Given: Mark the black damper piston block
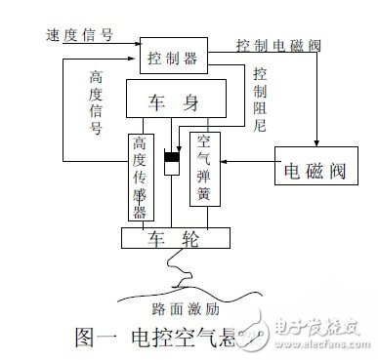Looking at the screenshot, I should click(172, 158).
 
